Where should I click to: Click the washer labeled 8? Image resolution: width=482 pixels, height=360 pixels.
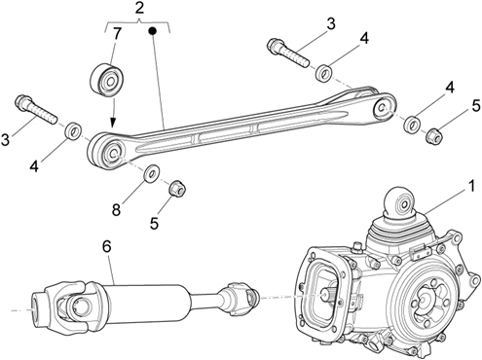(151, 174)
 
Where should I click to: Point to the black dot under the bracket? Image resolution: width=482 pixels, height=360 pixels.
(152, 31)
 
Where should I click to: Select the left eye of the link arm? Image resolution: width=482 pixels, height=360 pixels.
(108, 150)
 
